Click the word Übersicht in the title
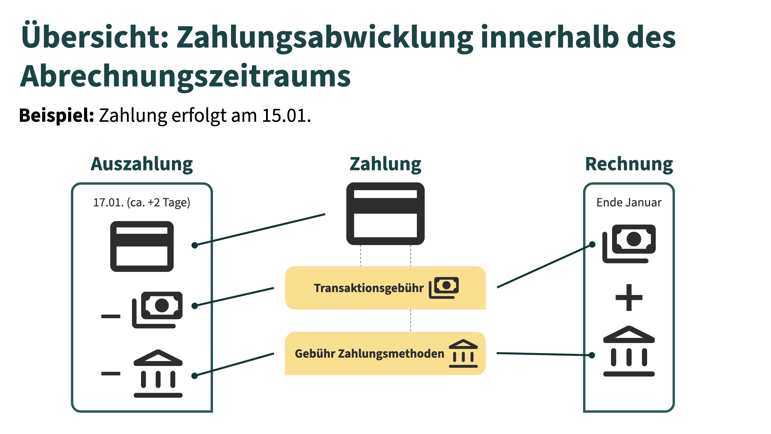(x=95, y=35)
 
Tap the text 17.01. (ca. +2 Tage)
(x=142, y=203)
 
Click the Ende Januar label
(x=629, y=203)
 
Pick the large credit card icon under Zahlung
(x=385, y=214)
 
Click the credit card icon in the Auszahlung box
(x=142, y=247)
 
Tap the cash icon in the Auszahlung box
(x=157, y=310)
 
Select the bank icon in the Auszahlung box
(x=158, y=374)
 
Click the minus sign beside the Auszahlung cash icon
(x=111, y=316)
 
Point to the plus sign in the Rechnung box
(x=629, y=297)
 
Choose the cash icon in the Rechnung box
(x=629, y=244)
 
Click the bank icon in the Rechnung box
(x=629, y=351)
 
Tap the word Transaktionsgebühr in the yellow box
(x=369, y=288)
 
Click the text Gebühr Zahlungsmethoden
(x=370, y=354)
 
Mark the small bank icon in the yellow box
(x=463, y=353)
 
